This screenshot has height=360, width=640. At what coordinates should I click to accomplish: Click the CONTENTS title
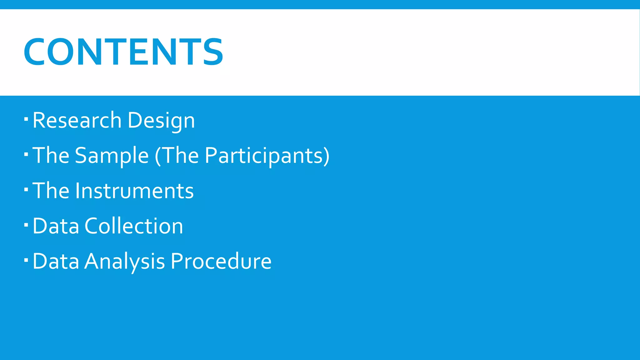[x=123, y=52]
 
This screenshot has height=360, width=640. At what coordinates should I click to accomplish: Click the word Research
[x=77, y=120]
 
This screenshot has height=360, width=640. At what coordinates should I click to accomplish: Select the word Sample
[x=112, y=156]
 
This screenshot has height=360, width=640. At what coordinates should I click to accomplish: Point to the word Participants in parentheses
[x=264, y=156]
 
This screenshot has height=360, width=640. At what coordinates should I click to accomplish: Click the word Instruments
[x=134, y=191]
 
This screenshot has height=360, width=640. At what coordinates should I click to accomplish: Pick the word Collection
[x=134, y=226]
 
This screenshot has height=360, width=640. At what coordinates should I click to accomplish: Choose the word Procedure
[x=221, y=261]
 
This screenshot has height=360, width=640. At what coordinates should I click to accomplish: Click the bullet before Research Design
[x=26, y=119]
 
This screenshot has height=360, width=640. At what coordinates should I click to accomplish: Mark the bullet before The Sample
[x=26, y=154]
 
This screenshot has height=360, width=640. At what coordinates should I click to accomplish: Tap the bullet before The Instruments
[x=26, y=189]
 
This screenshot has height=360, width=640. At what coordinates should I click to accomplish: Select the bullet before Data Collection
[x=26, y=225]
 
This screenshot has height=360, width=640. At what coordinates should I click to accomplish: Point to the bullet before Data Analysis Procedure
[x=26, y=260]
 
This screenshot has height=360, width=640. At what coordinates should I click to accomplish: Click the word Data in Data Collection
[x=56, y=226]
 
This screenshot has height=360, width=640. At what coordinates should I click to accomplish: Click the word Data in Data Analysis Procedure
[x=56, y=261]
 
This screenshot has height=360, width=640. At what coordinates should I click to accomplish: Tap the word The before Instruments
[x=51, y=191]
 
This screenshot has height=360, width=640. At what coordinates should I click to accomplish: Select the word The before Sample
[x=51, y=156]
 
